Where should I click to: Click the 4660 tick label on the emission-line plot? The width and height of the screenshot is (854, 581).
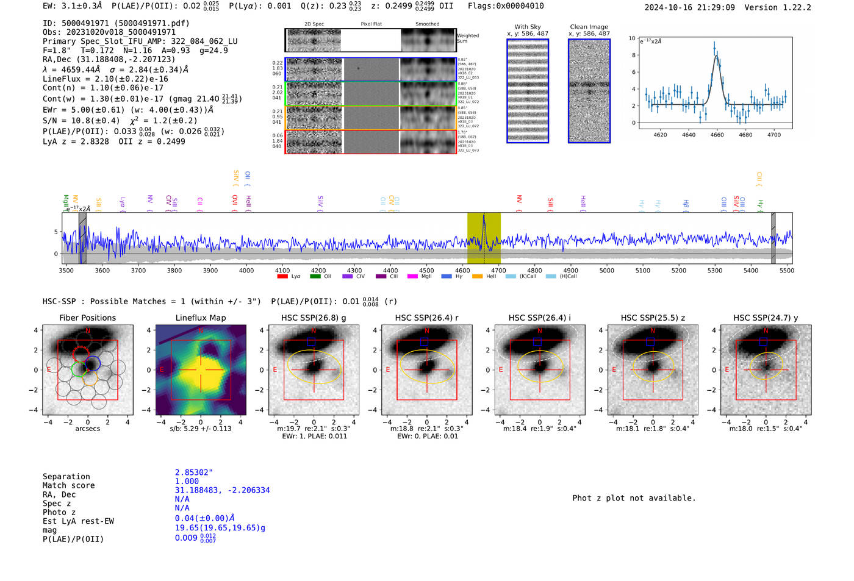(x=717, y=135)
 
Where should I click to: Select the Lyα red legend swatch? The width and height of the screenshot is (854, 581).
(x=282, y=277)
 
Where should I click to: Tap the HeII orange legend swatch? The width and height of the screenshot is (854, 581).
(x=477, y=277)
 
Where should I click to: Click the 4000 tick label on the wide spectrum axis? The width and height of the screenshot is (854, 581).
(x=246, y=271)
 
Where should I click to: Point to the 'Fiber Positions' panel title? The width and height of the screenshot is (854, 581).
(x=87, y=318)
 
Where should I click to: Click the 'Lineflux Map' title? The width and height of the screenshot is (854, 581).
(x=200, y=318)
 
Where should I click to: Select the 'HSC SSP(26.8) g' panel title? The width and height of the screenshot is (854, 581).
(x=314, y=318)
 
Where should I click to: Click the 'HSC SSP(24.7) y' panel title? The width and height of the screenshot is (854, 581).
(x=766, y=318)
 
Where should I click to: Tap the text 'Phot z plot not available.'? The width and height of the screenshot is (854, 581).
(x=634, y=498)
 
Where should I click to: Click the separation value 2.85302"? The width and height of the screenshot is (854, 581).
(x=194, y=472)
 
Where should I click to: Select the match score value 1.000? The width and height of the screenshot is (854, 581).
(x=187, y=481)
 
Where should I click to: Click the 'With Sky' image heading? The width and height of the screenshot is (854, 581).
(x=528, y=27)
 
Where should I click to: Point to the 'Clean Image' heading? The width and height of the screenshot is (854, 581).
(x=589, y=27)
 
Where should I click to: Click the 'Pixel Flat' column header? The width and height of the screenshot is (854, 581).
(x=371, y=24)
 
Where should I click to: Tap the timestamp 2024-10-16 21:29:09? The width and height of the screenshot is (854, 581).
(x=689, y=7)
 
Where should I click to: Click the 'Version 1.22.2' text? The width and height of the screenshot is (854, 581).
(x=778, y=7)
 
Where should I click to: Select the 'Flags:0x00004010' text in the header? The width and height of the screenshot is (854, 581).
(x=506, y=6)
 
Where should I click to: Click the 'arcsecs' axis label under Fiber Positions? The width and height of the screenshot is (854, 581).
(x=87, y=429)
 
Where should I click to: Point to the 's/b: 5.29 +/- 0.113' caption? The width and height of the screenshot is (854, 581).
(x=200, y=429)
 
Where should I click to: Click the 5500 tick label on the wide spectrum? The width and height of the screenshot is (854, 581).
(x=786, y=271)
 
